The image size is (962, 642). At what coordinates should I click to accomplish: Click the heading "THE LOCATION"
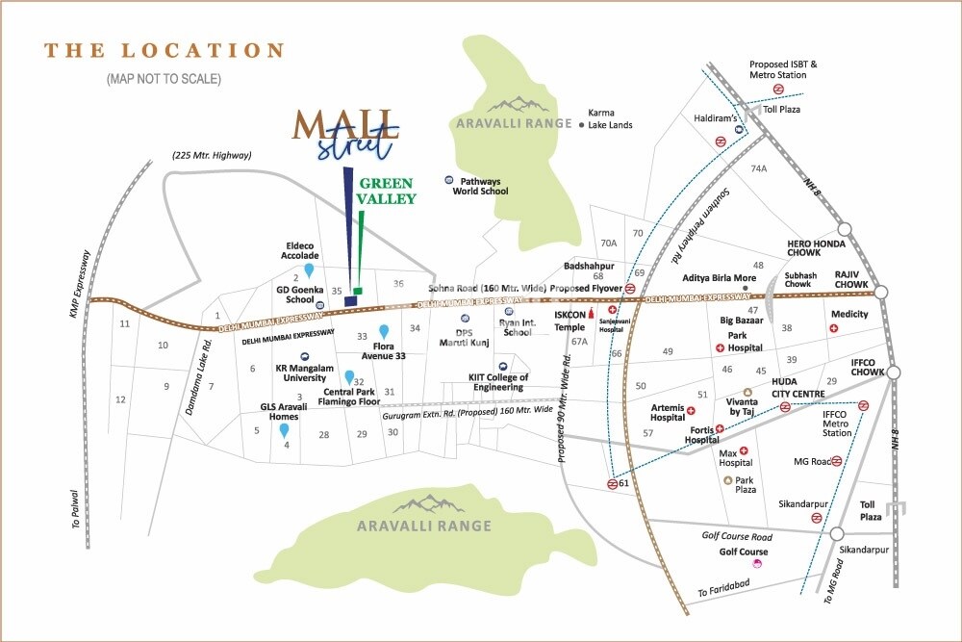[x=165, y=51]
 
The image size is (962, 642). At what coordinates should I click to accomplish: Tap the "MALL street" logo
[x=346, y=134]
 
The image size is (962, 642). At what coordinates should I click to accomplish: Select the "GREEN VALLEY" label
[x=388, y=191]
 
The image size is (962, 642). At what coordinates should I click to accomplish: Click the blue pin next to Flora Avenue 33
[x=383, y=331]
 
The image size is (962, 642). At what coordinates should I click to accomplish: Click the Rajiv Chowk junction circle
[x=878, y=286]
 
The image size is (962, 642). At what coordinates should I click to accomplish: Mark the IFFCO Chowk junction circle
[x=894, y=372]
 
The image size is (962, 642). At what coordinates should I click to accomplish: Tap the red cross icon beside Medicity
[x=834, y=328]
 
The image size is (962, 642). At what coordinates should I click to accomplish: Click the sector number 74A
[x=759, y=168]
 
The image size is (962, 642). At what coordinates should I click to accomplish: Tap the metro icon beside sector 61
[x=613, y=484]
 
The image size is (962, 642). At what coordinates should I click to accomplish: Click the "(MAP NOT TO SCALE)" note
[x=164, y=79]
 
